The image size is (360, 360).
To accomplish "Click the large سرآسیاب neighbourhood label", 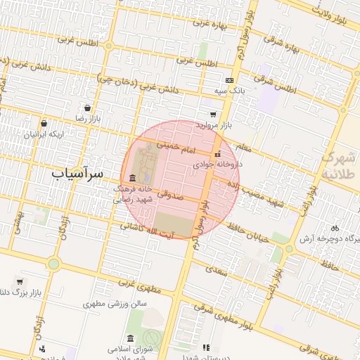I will click(x=77, y=172).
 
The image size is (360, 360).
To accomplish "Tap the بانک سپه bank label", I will click(x=231, y=91).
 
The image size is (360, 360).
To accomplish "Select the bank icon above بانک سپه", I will click(x=229, y=80).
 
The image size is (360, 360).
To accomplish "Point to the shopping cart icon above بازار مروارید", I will click(x=213, y=114).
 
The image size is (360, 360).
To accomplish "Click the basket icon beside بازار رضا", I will click(x=86, y=108).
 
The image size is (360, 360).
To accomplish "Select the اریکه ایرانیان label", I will click(x=44, y=134).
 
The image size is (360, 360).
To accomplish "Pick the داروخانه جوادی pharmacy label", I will click(x=218, y=164).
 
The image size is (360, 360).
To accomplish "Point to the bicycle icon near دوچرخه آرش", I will click(x=335, y=227).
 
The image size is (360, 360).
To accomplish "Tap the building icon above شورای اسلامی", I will click(x=131, y=338).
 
